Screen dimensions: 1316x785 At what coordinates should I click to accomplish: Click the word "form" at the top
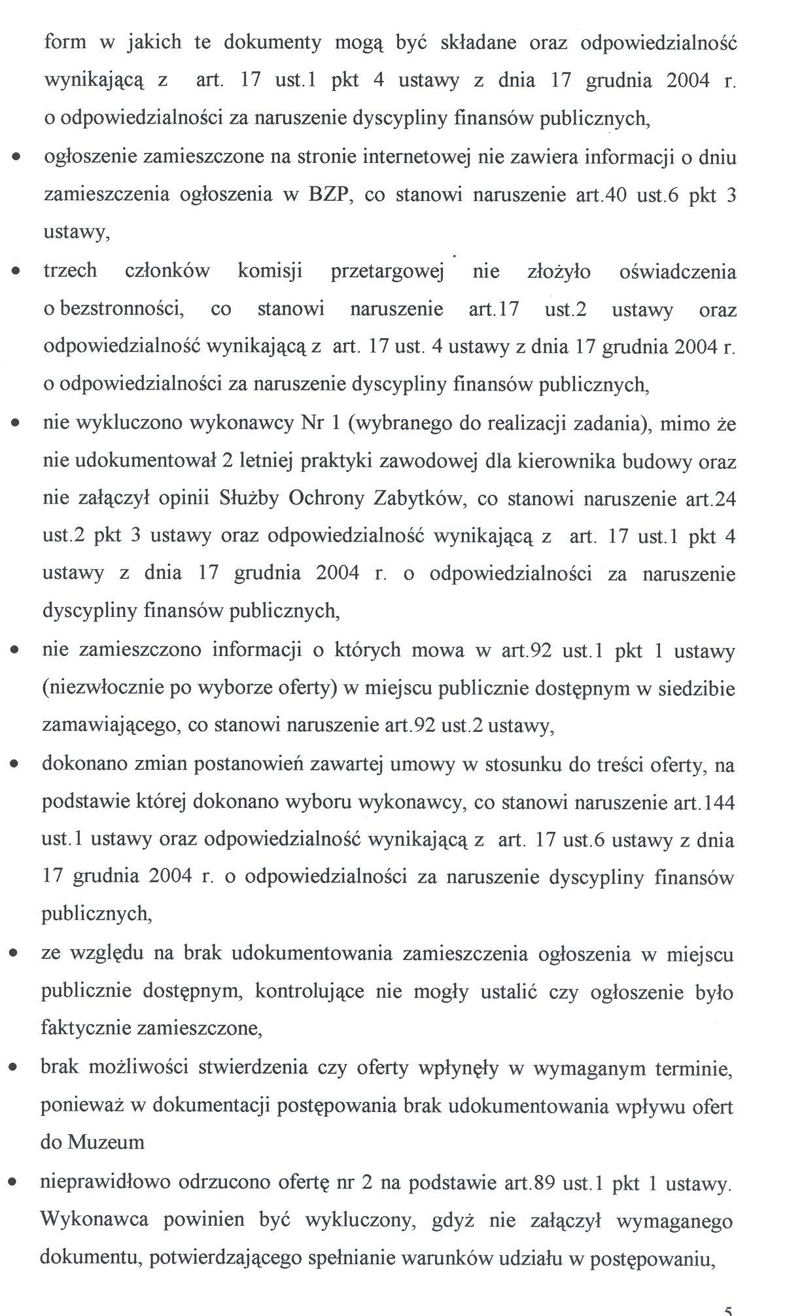(x=65, y=43)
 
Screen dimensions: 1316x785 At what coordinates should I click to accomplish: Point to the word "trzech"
(x=70, y=271)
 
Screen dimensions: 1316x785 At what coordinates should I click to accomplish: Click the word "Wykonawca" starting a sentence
(x=94, y=1220)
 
